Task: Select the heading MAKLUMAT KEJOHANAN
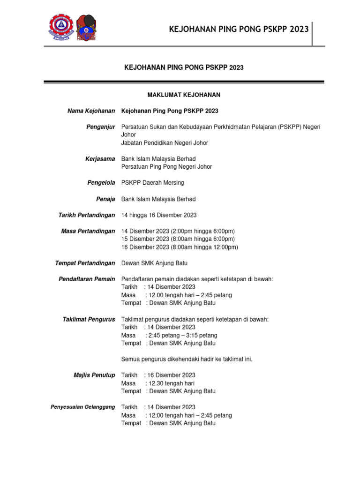click(x=184, y=95)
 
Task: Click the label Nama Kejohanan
click(x=91, y=111)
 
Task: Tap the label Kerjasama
click(x=99, y=159)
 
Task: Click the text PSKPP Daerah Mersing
click(x=153, y=182)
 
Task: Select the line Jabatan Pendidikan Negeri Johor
click(x=165, y=143)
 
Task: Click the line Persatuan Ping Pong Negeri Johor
click(x=166, y=167)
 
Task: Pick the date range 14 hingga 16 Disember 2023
click(x=159, y=215)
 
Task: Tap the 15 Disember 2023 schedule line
click(x=178, y=239)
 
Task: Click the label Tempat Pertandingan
click(x=85, y=263)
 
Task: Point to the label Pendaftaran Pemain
click(x=87, y=279)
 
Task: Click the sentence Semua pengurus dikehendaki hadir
click(x=187, y=359)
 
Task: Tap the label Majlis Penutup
click(x=94, y=375)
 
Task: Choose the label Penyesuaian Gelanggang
click(x=82, y=407)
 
